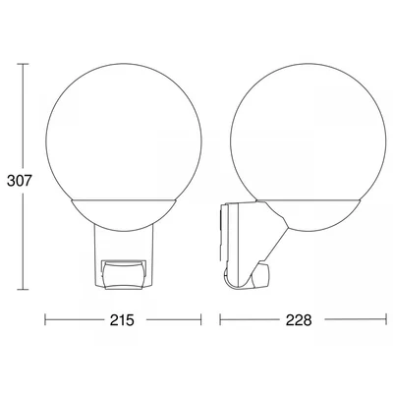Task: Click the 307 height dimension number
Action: coord(19,181)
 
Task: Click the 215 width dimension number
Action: coord(122,320)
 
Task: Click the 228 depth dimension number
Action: coord(299,320)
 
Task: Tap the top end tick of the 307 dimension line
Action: coord(23,64)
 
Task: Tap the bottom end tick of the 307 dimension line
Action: coord(23,289)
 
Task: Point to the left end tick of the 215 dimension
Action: coord(45,319)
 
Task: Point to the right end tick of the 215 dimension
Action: coord(200,319)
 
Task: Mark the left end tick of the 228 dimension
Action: coord(220,319)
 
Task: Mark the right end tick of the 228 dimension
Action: coord(386,319)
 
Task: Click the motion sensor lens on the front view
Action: coord(123,274)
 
